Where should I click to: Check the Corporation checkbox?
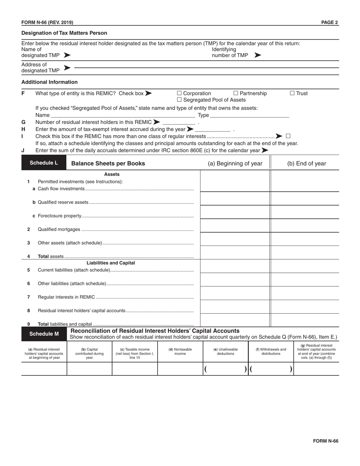pos(180,93)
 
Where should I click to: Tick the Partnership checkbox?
pos(236,93)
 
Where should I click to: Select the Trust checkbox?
pos(292,93)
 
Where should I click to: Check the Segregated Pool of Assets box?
pos(180,100)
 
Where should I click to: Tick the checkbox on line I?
pos(288,136)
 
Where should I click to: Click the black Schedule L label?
pos(44,163)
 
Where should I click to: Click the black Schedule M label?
pos(44,334)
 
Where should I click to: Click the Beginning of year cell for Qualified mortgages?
pos(235,226)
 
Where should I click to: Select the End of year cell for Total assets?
pos(305,253)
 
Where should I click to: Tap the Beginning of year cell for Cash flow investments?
pos(235,185)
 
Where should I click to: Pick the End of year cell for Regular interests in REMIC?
pos(305,294)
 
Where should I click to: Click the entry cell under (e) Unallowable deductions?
pos(225,369)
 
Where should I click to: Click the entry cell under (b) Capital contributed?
pos(89,369)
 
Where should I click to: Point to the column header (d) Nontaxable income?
pos(180,352)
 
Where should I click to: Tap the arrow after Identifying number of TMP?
pos(258,55)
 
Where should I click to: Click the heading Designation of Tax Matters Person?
pos(64,33)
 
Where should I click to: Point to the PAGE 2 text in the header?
pos(329,22)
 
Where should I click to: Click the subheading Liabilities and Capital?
pos(111,263)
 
